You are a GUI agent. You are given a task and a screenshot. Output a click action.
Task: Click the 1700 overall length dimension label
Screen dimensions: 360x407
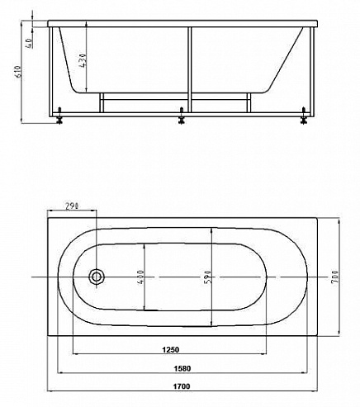coord(182,386)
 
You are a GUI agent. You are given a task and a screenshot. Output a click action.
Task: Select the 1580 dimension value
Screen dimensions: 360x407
coord(182,368)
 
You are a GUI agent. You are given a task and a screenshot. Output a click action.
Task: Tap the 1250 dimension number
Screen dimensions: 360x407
coord(170,350)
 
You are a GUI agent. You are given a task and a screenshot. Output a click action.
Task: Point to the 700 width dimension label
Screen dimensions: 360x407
coord(334,277)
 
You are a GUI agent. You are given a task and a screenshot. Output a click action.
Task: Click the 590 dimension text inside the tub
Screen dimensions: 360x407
coord(208,277)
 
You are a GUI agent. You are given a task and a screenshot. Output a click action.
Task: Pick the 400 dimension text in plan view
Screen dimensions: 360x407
coord(140,277)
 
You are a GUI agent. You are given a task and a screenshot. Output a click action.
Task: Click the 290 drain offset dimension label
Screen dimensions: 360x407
coord(72,206)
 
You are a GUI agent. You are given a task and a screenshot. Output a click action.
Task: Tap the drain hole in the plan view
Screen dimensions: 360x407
coord(97,277)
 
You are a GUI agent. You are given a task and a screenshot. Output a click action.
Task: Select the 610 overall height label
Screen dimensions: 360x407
coord(18,73)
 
